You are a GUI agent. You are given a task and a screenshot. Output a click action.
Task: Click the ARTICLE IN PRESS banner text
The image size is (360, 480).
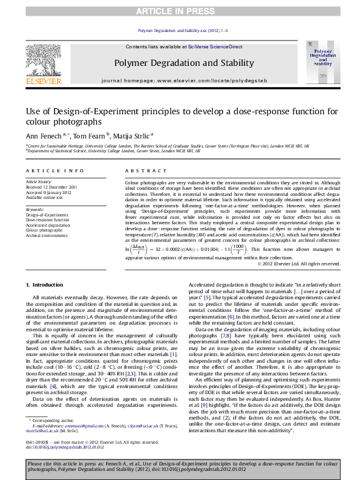click(x=180, y=11)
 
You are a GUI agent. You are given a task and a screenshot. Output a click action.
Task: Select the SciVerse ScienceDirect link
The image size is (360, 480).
click(x=215, y=47)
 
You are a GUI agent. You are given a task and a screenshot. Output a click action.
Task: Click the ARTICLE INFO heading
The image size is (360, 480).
click(x=54, y=172)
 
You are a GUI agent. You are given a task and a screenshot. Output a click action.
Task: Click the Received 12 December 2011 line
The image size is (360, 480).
click(x=51, y=187)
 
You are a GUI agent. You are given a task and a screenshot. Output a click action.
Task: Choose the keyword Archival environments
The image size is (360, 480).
click(x=47, y=235)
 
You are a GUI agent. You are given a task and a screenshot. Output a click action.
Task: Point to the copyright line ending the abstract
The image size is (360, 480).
click(x=298, y=263)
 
